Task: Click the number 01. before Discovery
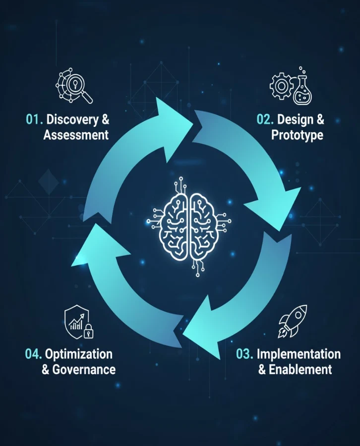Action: pos(34,119)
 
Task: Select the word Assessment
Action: pos(76,135)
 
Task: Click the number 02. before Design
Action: pos(265,119)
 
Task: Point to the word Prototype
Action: pos(297,135)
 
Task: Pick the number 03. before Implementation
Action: pos(244,354)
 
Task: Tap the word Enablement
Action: pos(300,370)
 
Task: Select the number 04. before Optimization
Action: pos(34,354)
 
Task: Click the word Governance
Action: pos(84,370)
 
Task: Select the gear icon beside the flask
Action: pos(282,86)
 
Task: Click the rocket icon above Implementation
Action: pos(292,322)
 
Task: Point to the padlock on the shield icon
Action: pos(88,331)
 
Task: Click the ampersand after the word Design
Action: pos(320,119)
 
